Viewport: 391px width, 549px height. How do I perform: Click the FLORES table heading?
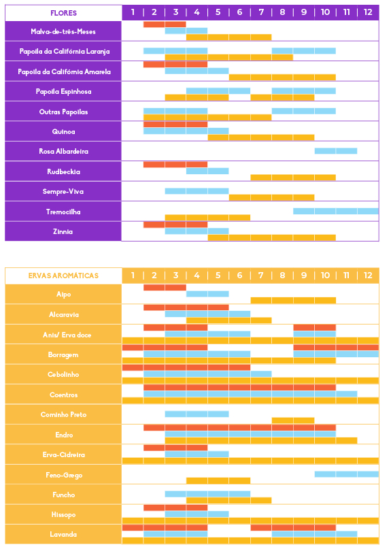click(63, 14)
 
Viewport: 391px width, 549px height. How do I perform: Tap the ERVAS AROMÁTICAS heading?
click(63, 276)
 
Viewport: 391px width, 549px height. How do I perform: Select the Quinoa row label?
click(63, 132)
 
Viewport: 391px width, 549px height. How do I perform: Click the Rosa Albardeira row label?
click(63, 152)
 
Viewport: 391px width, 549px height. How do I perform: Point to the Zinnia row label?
click(63, 232)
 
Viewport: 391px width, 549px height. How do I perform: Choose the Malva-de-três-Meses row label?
click(63, 31)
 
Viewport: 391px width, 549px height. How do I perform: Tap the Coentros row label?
click(63, 395)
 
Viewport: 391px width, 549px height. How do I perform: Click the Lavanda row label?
click(63, 534)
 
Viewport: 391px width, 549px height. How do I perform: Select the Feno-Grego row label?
click(64, 475)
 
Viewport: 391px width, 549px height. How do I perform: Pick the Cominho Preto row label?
click(63, 415)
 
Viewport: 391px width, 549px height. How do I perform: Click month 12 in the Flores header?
click(368, 12)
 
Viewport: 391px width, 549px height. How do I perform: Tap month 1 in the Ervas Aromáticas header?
click(133, 276)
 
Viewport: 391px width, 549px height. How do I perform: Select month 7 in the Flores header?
click(261, 12)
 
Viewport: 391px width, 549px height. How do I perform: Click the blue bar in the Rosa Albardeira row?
click(336, 151)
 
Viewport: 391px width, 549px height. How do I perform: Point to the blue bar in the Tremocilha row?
click(336, 211)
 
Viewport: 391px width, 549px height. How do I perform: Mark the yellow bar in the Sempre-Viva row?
click(271, 197)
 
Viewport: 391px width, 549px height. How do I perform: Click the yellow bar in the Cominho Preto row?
click(293, 420)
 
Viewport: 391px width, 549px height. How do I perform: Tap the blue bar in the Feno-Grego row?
click(347, 474)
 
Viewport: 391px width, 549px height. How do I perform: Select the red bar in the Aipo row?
click(165, 288)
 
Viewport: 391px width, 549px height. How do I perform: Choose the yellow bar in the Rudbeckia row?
click(293, 177)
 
